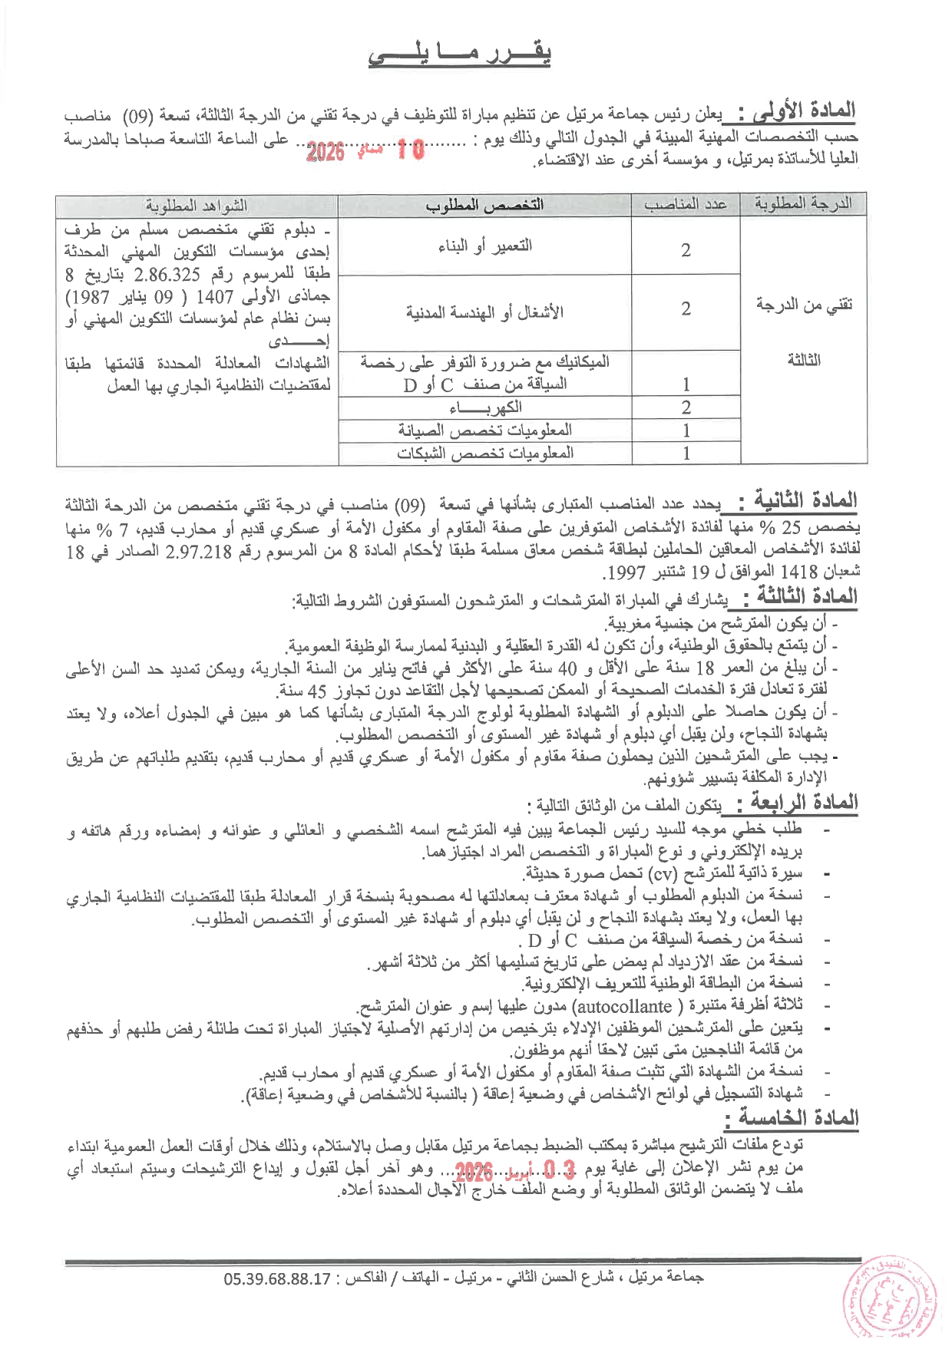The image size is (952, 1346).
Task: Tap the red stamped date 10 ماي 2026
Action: tap(365, 150)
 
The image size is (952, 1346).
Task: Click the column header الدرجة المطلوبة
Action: tap(803, 204)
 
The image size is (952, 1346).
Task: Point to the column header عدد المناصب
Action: tap(686, 204)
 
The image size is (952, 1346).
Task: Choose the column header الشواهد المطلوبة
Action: tap(197, 206)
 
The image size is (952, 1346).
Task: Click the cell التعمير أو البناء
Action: tap(484, 246)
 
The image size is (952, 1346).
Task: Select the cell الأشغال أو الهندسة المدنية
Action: tap(484, 312)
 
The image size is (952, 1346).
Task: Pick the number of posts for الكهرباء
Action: tap(686, 407)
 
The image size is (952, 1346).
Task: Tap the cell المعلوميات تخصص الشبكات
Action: tap(484, 453)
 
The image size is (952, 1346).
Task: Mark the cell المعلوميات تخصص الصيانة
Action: tap(484, 430)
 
